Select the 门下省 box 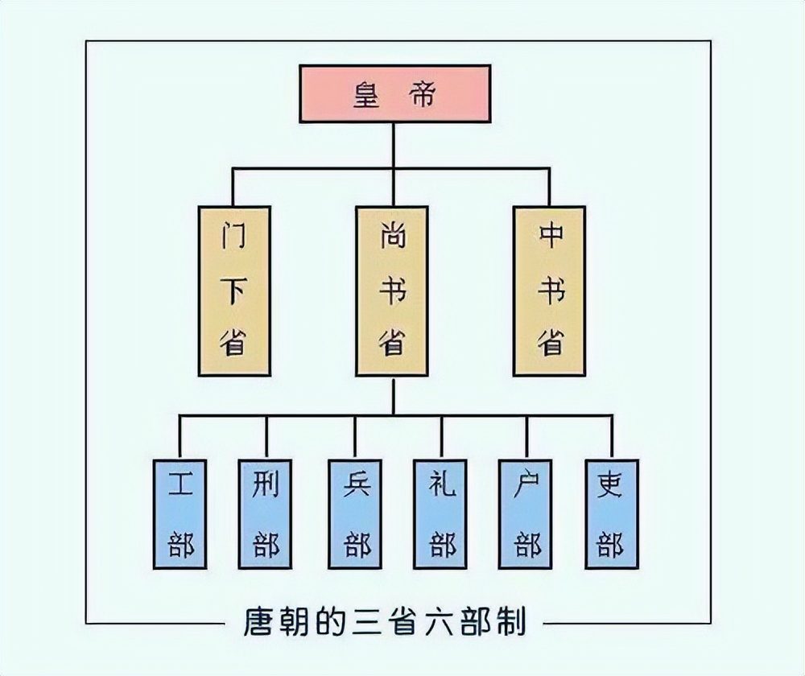pyautogui.click(x=234, y=291)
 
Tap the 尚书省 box pyautogui.click(x=392, y=291)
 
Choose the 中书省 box pyautogui.click(x=550, y=291)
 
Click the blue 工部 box pyautogui.click(x=180, y=513)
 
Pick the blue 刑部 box pyautogui.click(x=266, y=513)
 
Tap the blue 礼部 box pyautogui.click(x=441, y=513)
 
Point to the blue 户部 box pyautogui.click(x=526, y=513)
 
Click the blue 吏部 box pyautogui.click(x=611, y=513)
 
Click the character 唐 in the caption pyautogui.click(x=259, y=623)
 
